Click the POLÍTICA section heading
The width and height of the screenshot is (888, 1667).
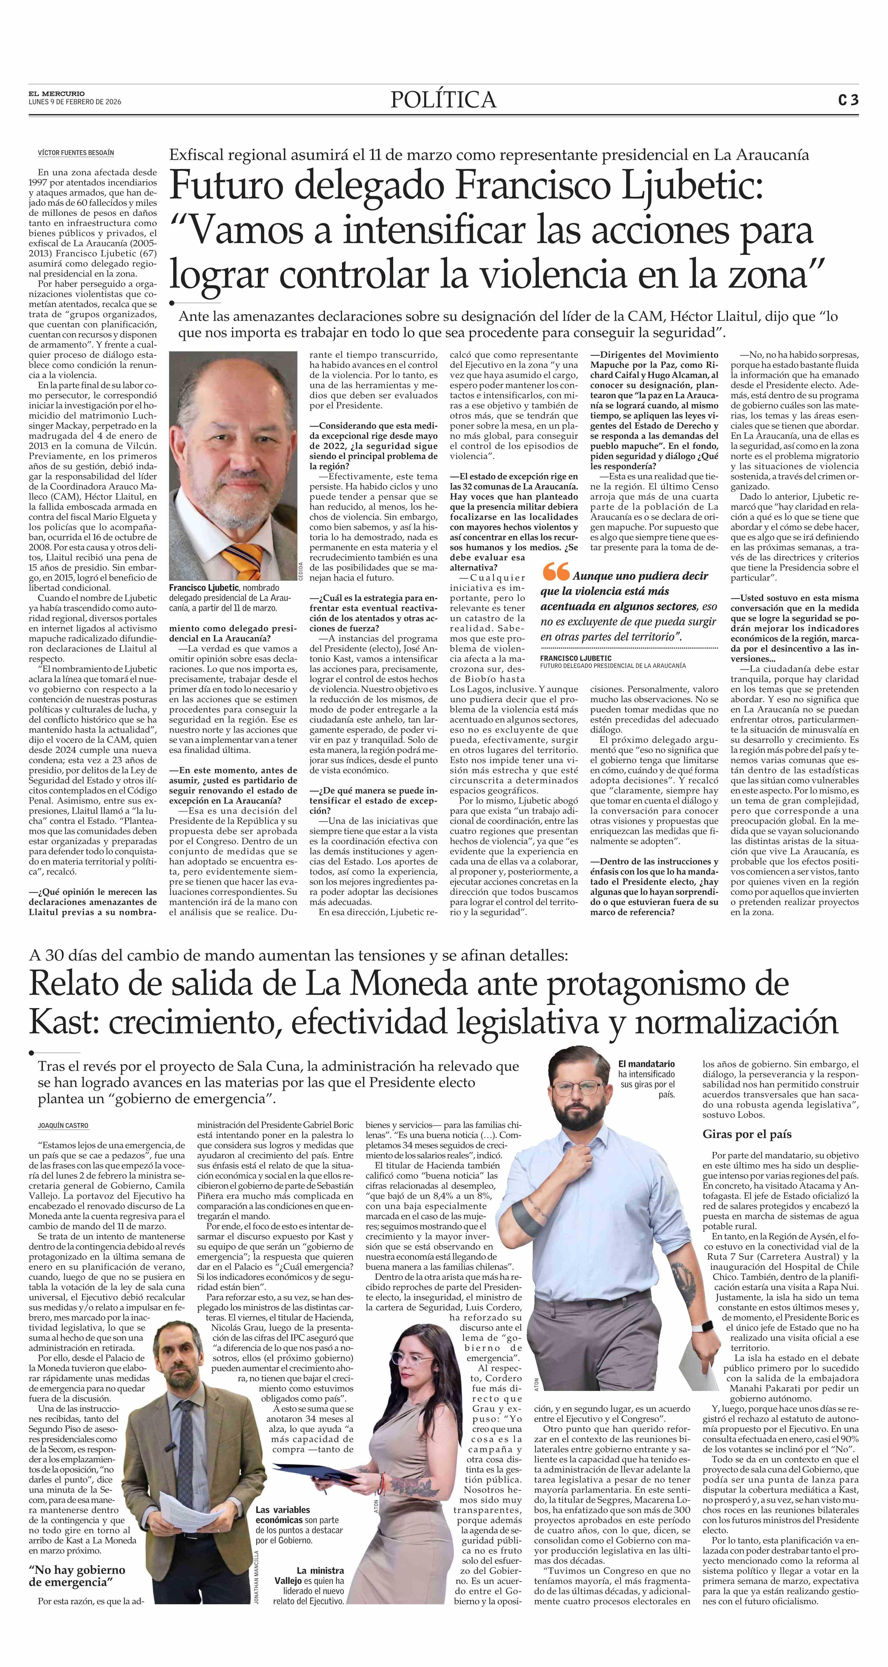click(443, 100)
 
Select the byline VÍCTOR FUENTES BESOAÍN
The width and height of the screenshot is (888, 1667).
click(76, 153)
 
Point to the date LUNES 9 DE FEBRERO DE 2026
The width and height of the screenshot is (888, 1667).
click(75, 102)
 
